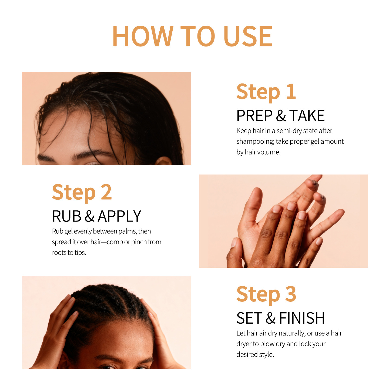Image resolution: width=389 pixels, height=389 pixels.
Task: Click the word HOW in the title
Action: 143,36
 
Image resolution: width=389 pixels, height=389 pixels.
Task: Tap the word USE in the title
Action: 248,36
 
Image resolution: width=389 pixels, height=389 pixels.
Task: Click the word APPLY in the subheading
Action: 119,216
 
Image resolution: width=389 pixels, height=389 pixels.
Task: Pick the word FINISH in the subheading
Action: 302,318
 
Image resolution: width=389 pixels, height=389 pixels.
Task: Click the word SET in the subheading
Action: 249,318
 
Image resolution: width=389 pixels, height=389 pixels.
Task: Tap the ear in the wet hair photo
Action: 163,161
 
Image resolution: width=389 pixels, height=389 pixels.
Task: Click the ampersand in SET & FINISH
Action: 270,318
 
